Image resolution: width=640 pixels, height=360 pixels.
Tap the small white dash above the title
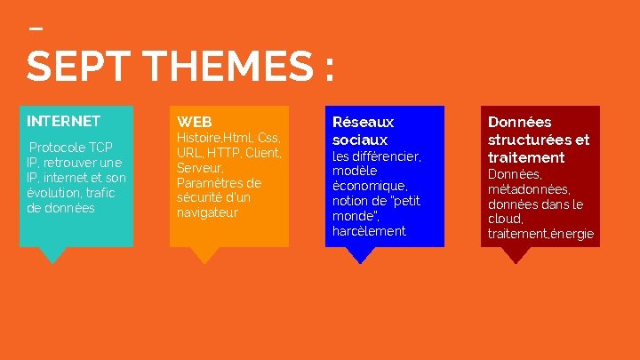tap(36, 28)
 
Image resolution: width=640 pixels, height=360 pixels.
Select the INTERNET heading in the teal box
tap(63, 121)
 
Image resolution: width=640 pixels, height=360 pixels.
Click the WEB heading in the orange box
tap(194, 121)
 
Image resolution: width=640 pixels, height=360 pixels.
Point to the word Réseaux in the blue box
tap(363, 122)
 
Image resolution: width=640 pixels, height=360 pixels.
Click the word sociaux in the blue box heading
tap(360, 140)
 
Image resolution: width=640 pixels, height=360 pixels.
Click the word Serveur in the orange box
tap(199, 168)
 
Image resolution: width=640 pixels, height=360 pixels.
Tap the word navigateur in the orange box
tap(207, 213)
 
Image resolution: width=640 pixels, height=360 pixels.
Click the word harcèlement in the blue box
tap(369, 231)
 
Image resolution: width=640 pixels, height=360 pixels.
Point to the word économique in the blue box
tap(369, 186)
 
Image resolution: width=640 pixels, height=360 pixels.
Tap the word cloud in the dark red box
tap(504, 219)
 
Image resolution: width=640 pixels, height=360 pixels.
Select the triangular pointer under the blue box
tap(360, 254)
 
